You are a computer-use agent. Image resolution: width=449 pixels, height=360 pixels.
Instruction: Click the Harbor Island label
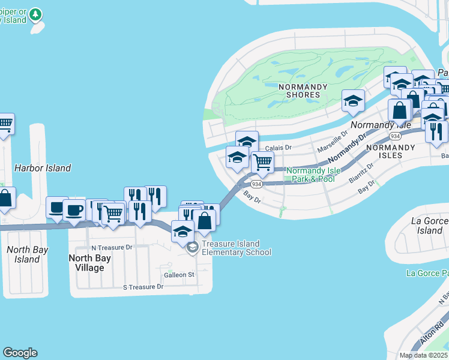[x=43, y=168]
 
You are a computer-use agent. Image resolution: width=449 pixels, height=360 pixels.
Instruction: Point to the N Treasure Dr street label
[x=111, y=247]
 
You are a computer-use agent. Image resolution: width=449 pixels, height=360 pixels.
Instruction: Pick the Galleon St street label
[x=179, y=275]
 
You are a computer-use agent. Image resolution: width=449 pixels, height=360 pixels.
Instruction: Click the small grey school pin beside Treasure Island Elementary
[x=192, y=248]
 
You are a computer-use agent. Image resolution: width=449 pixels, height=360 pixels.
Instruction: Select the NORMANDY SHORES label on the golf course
[x=303, y=91]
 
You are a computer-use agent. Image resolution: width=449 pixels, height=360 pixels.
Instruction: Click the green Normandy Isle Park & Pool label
[x=313, y=175]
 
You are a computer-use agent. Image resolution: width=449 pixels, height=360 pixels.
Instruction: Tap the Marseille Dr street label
[x=333, y=143]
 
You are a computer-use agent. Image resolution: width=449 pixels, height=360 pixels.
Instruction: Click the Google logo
[x=20, y=353]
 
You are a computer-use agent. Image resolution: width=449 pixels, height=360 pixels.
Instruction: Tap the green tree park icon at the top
[x=36, y=13]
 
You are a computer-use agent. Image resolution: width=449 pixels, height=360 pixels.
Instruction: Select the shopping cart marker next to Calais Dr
[x=262, y=161]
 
